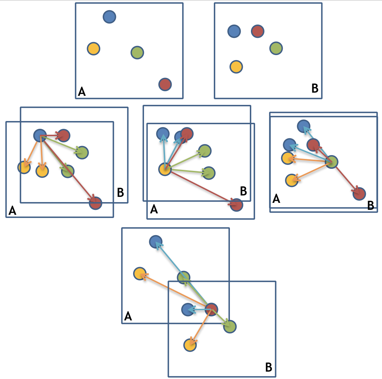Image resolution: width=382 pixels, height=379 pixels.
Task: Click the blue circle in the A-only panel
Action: click(x=109, y=16)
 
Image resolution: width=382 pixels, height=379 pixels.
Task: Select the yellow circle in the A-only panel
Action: click(x=94, y=48)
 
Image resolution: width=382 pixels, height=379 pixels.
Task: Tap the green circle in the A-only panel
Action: click(x=137, y=52)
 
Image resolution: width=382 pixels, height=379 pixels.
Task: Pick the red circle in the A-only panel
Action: click(x=165, y=84)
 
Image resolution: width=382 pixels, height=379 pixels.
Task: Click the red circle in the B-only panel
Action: click(x=258, y=31)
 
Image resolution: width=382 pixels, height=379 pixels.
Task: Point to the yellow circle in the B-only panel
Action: click(x=236, y=66)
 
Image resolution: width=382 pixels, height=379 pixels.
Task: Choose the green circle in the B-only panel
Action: click(x=276, y=48)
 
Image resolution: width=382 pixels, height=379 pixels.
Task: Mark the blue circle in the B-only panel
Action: click(x=234, y=31)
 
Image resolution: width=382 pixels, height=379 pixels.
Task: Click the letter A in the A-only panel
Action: click(x=82, y=92)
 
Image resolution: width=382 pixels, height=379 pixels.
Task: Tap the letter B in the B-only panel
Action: click(x=315, y=88)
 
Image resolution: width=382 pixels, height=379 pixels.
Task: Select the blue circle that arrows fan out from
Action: click(x=40, y=135)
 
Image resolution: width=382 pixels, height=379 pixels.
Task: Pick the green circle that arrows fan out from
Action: click(x=332, y=162)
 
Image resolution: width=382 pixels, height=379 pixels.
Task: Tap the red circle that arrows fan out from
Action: click(x=211, y=309)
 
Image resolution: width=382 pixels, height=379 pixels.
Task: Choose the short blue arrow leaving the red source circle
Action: click(x=199, y=310)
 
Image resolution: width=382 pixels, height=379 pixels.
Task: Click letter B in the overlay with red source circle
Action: click(x=268, y=367)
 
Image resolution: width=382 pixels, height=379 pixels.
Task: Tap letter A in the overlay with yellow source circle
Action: click(x=154, y=210)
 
